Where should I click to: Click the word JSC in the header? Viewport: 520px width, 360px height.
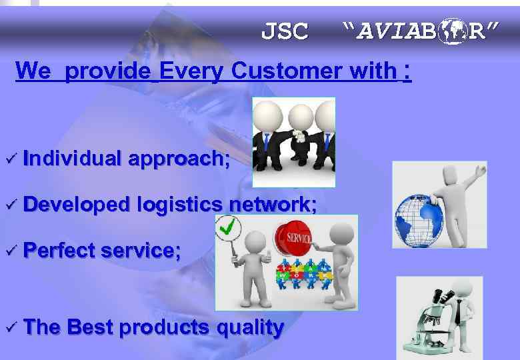(285, 31)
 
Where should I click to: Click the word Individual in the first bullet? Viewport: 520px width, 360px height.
(72, 158)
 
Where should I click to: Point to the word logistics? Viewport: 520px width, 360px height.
(179, 205)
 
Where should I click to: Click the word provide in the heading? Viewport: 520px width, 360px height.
(108, 71)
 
